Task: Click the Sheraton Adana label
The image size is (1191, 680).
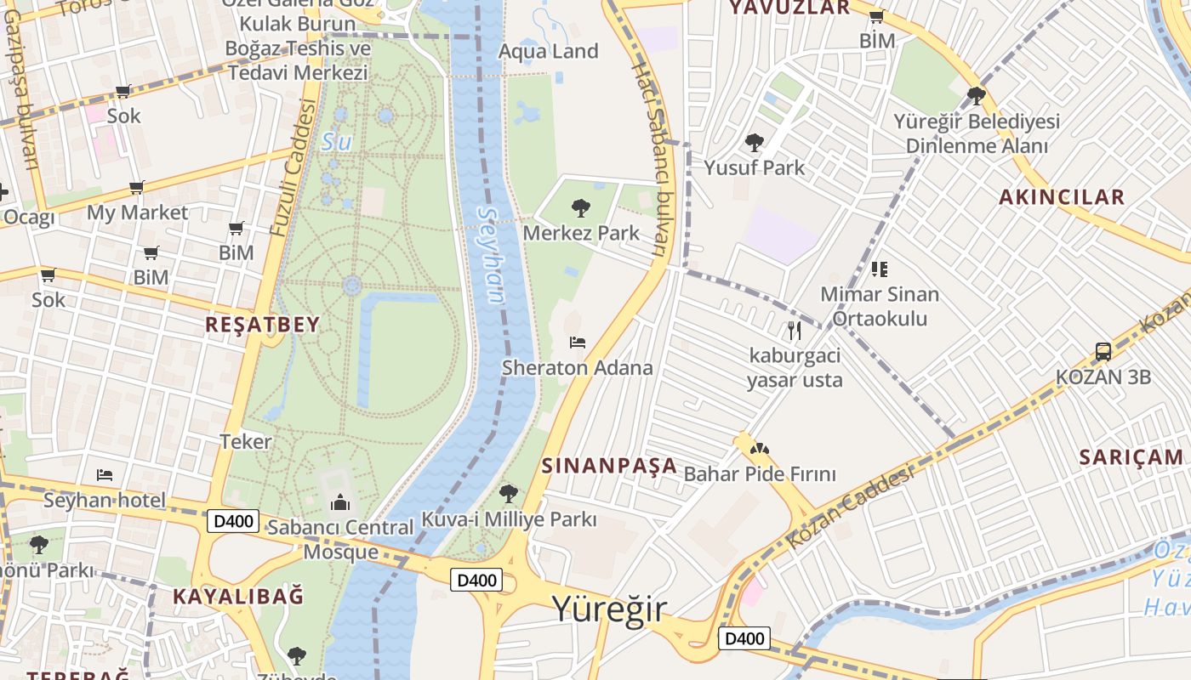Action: (x=577, y=368)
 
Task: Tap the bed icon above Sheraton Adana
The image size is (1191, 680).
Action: (x=578, y=343)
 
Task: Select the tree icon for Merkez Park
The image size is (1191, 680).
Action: (x=581, y=207)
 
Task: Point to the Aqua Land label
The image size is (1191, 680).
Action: (x=548, y=51)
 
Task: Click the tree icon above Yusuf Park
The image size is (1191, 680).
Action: (x=754, y=142)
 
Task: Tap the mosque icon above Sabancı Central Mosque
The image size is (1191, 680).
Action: (x=339, y=502)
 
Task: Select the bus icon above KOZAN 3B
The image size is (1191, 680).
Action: (x=1103, y=351)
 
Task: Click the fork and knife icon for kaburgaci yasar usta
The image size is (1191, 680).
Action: (x=795, y=330)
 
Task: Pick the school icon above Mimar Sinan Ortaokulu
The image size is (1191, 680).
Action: (x=880, y=269)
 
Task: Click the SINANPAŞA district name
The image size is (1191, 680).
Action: (x=609, y=466)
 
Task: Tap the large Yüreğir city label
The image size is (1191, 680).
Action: (x=609, y=609)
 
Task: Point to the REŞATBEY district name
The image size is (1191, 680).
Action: (x=262, y=324)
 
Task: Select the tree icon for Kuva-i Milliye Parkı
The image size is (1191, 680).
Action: (x=509, y=493)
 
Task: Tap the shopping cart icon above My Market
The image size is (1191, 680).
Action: (x=136, y=187)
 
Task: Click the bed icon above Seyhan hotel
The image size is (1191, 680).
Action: (x=105, y=474)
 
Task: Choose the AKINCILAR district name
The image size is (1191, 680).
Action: (x=1061, y=197)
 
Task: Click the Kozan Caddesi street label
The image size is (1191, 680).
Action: (x=850, y=507)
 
